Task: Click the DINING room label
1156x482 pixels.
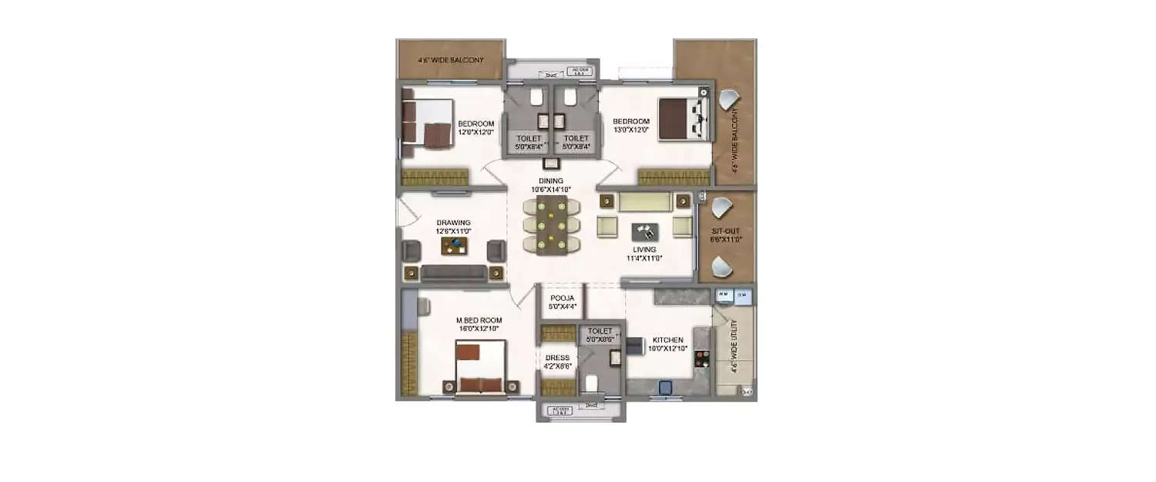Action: click(x=551, y=181)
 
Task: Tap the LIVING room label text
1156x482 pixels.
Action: click(x=644, y=250)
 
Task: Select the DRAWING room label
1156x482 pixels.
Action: click(x=432, y=223)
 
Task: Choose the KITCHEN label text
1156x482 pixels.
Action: click(x=667, y=340)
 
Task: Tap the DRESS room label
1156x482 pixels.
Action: click(x=557, y=358)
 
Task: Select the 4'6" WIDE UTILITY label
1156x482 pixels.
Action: click(x=736, y=347)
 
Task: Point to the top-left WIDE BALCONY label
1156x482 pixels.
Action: click(x=450, y=59)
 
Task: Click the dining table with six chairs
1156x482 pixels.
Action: click(x=551, y=224)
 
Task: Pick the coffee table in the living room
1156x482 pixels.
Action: click(x=645, y=231)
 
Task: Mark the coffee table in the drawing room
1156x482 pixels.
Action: click(x=454, y=246)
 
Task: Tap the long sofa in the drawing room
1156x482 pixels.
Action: click(x=453, y=272)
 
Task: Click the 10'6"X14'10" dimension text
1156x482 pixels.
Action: click(x=551, y=190)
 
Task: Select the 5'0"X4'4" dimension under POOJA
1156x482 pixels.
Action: click(x=560, y=306)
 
